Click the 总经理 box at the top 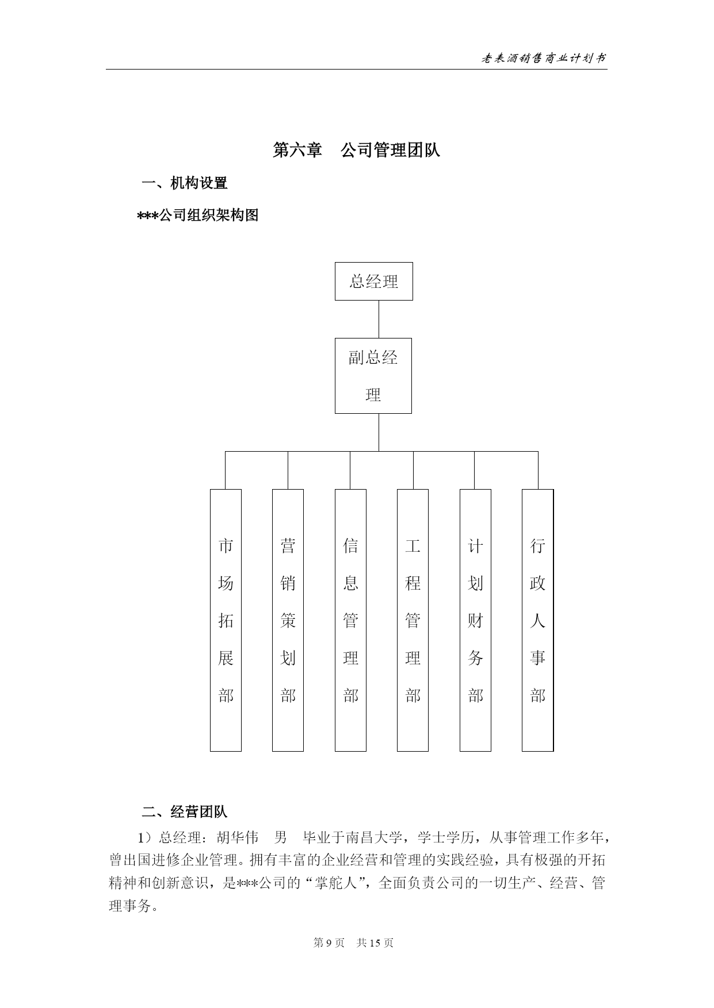374,281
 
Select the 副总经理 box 373,376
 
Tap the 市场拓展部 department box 226,620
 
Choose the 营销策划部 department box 288,620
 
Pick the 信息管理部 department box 350,620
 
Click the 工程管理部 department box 413,620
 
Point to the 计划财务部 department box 475,620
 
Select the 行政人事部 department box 537,620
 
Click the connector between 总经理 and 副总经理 379,319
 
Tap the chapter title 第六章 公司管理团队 357,150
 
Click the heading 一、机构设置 185,183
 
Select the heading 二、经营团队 185,811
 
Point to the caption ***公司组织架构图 198,216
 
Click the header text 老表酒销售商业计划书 543,58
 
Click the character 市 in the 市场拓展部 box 226,545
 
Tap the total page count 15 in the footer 376,942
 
